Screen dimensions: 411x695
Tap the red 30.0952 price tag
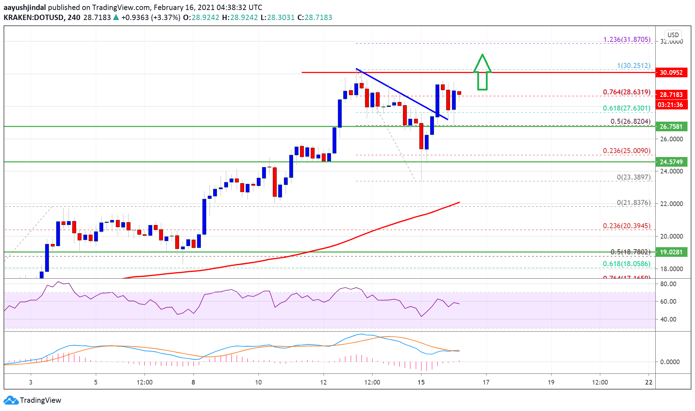click(x=671, y=73)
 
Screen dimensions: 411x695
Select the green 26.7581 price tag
click(x=671, y=127)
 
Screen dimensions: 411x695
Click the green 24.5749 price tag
click(x=671, y=162)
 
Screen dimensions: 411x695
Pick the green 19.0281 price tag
click(x=671, y=252)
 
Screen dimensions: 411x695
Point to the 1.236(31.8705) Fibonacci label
click(x=627, y=40)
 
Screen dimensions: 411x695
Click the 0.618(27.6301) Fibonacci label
click(x=626, y=108)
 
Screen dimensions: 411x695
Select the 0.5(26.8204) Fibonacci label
click(x=630, y=121)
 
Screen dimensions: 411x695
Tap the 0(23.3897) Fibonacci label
click(x=634, y=177)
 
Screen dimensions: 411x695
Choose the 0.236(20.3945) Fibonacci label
click(x=626, y=226)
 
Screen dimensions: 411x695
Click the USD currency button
click(x=673, y=35)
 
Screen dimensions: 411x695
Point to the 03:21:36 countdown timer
click(x=670, y=105)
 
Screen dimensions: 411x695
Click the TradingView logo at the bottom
click(x=33, y=400)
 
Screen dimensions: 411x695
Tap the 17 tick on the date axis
click(x=486, y=382)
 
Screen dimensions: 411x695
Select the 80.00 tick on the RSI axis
click(x=668, y=284)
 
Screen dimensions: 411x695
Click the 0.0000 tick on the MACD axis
click(x=670, y=362)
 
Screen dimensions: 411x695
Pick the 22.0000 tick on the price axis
click(x=671, y=204)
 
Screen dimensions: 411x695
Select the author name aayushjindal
click(x=25, y=7)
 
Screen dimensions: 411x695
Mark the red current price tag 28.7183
click(x=671, y=95)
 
